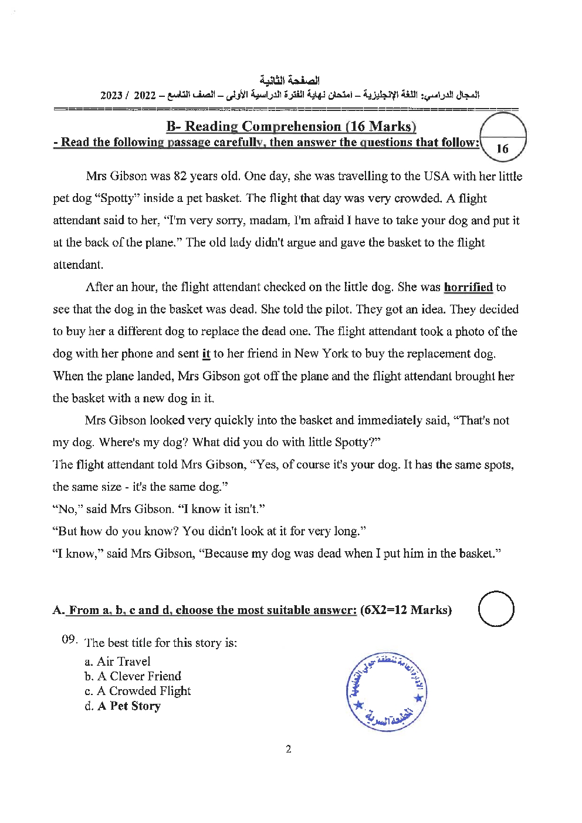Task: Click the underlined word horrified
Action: tap(468, 288)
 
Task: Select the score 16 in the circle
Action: tap(502, 149)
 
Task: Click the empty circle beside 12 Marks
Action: tap(496, 608)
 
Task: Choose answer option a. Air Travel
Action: tap(118, 662)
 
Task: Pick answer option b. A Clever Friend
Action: tap(133, 676)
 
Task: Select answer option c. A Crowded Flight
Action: tap(138, 691)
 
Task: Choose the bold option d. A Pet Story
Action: tap(123, 706)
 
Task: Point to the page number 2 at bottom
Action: tap(288, 749)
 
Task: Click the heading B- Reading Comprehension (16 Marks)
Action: tap(291, 127)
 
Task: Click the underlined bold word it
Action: tap(206, 354)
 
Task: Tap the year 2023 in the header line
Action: tap(111, 95)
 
